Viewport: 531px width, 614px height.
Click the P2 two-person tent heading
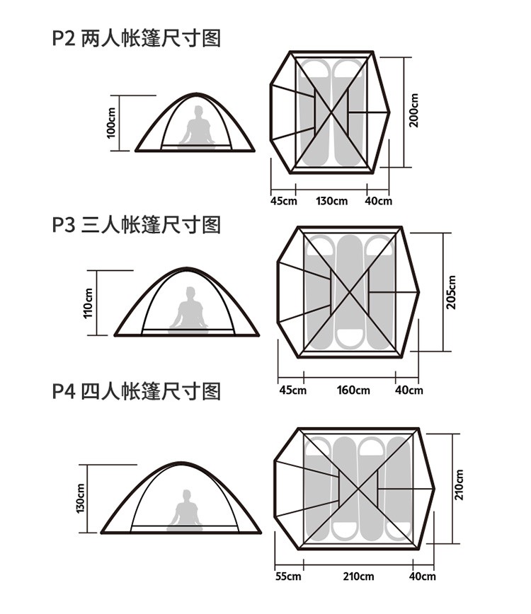click(x=137, y=39)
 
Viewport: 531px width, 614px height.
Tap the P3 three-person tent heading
click(x=137, y=225)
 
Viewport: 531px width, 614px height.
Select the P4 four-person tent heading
click(x=137, y=392)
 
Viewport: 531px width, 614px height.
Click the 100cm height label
click(x=111, y=122)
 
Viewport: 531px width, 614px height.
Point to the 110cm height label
click(x=88, y=303)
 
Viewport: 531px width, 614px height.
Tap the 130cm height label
click(x=80, y=499)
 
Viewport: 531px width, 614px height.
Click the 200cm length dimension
click(x=414, y=110)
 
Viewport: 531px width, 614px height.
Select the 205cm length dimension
click(x=451, y=292)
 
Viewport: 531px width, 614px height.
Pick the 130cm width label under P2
click(x=331, y=201)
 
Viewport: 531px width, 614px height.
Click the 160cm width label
click(x=353, y=390)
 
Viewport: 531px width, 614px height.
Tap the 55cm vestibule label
click(x=288, y=577)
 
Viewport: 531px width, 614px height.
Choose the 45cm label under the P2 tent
click(x=284, y=201)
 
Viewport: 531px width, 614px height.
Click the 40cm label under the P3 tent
click(x=409, y=390)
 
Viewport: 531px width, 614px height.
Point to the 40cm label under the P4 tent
click(x=423, y=577)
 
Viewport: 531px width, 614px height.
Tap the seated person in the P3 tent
click(x=188, y=310)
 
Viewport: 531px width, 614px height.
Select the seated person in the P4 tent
click(x=185, y=510)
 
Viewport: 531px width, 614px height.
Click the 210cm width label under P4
click(x=358, y=577)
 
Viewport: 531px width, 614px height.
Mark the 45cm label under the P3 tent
click(x=292, y=390)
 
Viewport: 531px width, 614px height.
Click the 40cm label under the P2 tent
click(x=379, y=201)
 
